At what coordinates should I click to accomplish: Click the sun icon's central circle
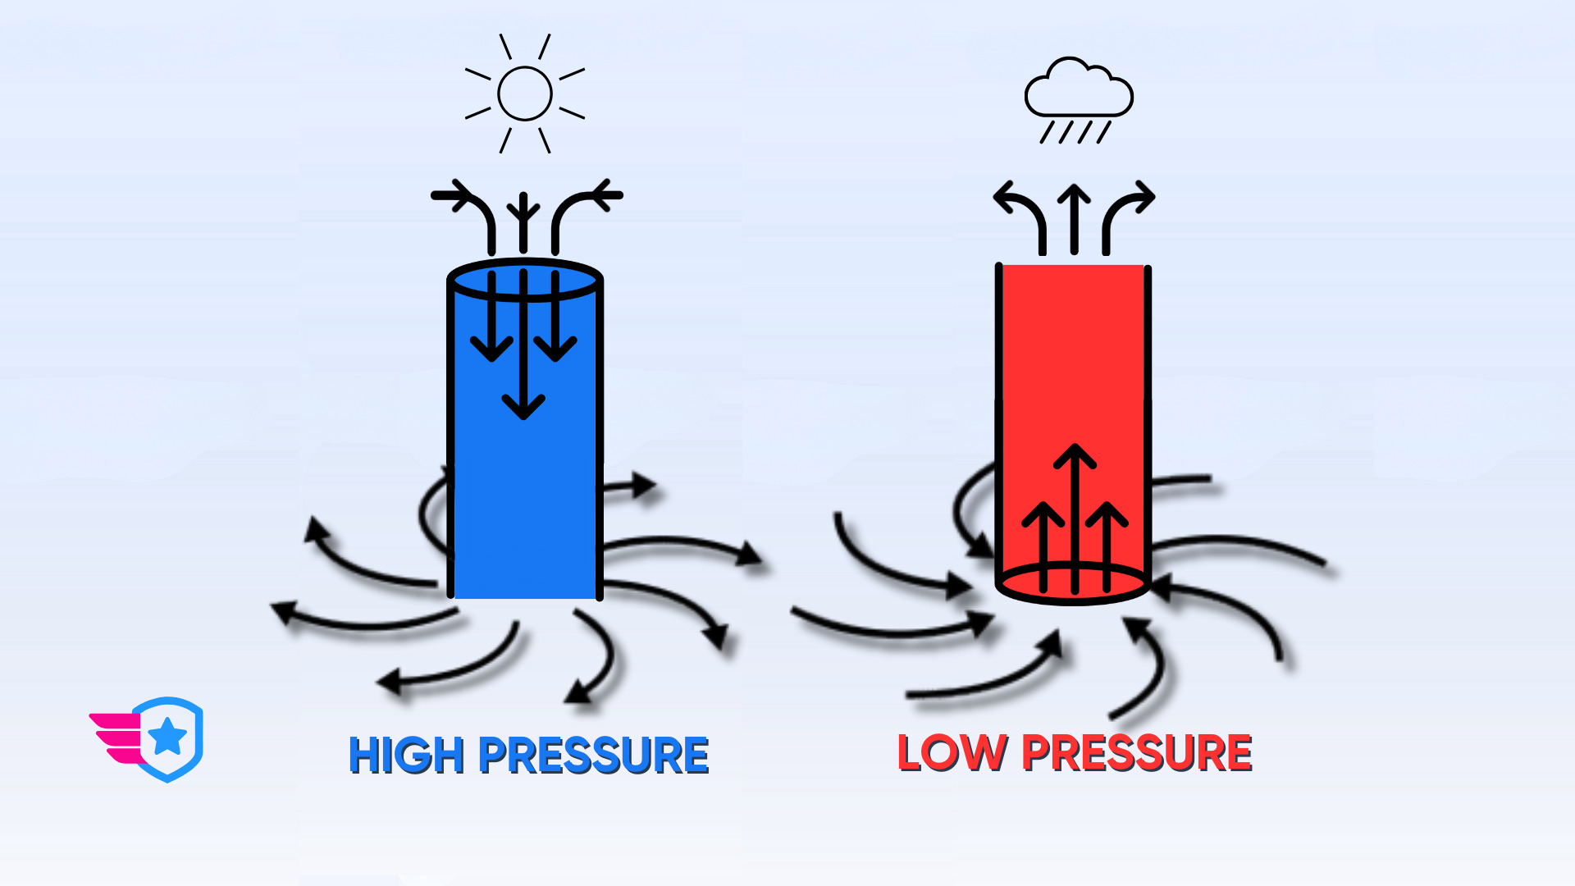click(525, 94)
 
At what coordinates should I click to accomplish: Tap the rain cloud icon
click(1078, 89)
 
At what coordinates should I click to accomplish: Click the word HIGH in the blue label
click(407, 756)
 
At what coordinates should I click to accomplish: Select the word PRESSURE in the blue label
click(593, 756)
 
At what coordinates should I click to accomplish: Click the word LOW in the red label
click(952, 753)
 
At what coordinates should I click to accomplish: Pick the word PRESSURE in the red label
click(1137, 753)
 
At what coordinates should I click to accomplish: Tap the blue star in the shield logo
click(168, 736)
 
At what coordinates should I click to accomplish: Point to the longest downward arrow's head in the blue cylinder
click(523, 406)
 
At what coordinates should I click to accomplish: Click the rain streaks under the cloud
click(1075, 132)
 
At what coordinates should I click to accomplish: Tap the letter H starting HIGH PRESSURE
click(364, 756)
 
